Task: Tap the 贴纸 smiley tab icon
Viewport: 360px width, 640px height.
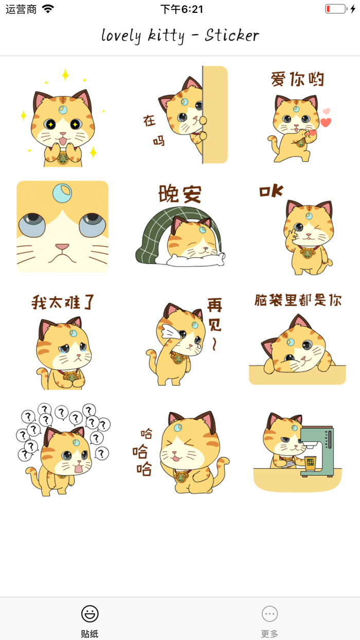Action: (x=90, y=614)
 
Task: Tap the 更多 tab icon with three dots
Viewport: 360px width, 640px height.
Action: (x=269, y=614)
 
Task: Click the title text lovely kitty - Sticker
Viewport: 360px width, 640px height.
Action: (x=180, y=35)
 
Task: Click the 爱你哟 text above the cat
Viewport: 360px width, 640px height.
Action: (x=298, y=80)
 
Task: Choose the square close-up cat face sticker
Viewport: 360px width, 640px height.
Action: (x=62, y=226)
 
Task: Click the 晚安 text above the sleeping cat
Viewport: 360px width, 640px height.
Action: (x=180, y=194)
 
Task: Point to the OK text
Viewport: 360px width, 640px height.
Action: (x=271, y=191)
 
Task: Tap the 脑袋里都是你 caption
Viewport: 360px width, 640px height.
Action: (x=298, y=300)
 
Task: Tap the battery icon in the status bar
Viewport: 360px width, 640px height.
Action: (x=336, y=9)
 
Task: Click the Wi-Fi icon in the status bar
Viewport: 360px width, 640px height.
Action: (x=48, y=9)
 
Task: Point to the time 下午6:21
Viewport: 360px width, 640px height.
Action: (x=182, y=9)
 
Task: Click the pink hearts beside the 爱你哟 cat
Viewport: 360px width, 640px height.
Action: (x=325, y=118)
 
